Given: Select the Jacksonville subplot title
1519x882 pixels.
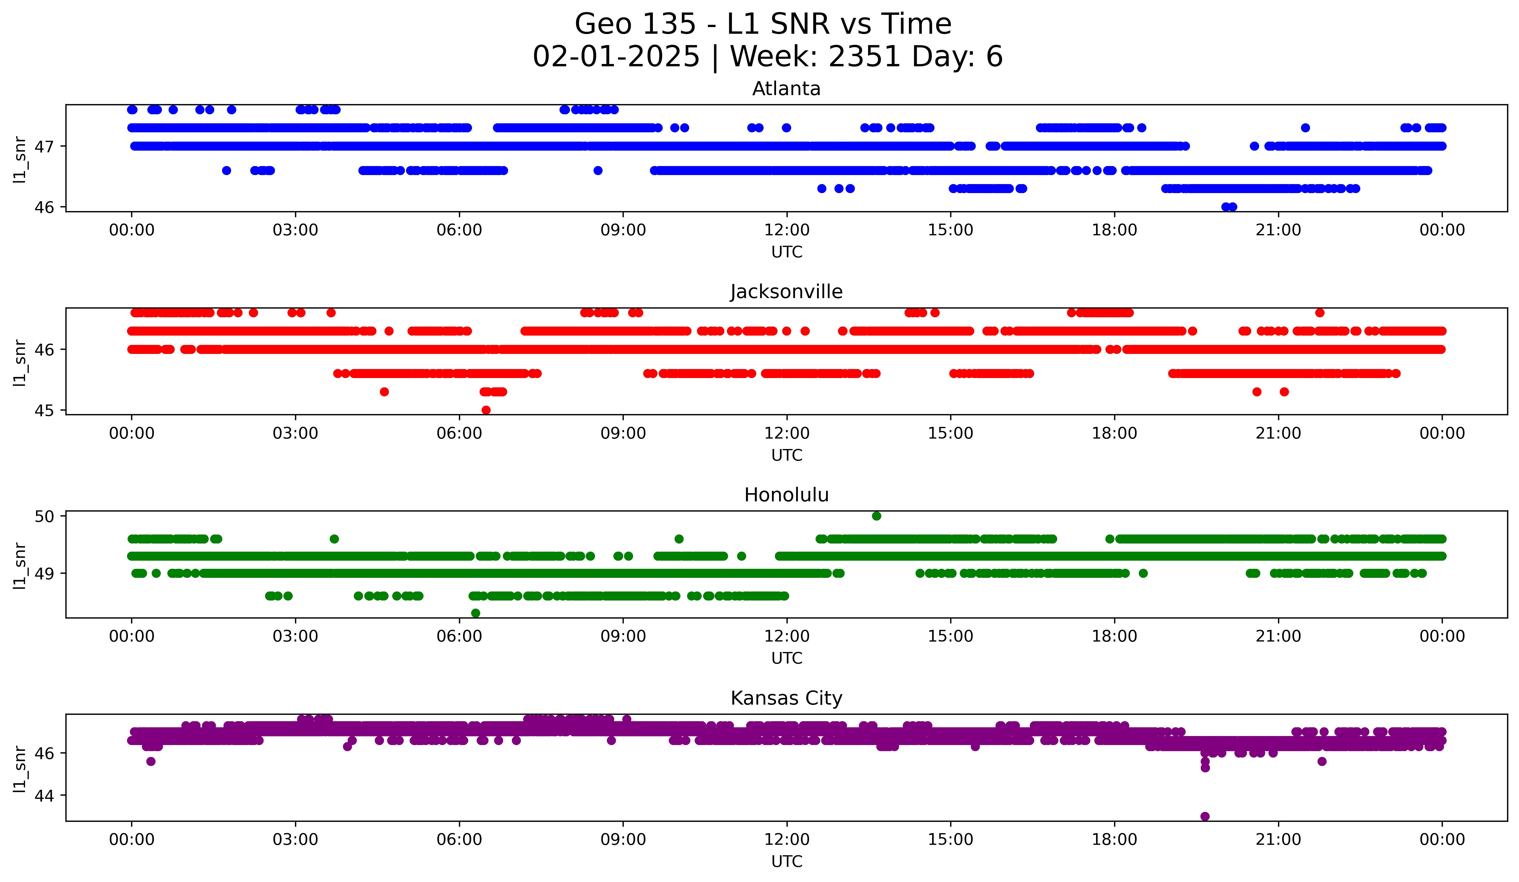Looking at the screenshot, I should [786, 292].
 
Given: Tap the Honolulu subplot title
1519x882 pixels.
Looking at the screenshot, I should [786, 495].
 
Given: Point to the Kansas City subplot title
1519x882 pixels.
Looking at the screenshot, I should [786, 698].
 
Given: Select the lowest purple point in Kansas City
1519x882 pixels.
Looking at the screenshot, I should [1205, 816].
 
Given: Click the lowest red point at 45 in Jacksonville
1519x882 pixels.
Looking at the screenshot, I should [486, 410].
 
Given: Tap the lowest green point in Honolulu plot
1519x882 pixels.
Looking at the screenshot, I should [476, 613].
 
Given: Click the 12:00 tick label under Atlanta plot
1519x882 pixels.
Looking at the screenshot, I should [787, 230].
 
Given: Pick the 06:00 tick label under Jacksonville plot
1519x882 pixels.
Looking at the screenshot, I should [459, 434].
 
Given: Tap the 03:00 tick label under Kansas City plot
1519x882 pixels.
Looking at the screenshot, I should [295, 840].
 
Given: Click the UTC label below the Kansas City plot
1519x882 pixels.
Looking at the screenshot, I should [787, 862].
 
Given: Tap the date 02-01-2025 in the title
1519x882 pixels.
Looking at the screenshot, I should [616, 57].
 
